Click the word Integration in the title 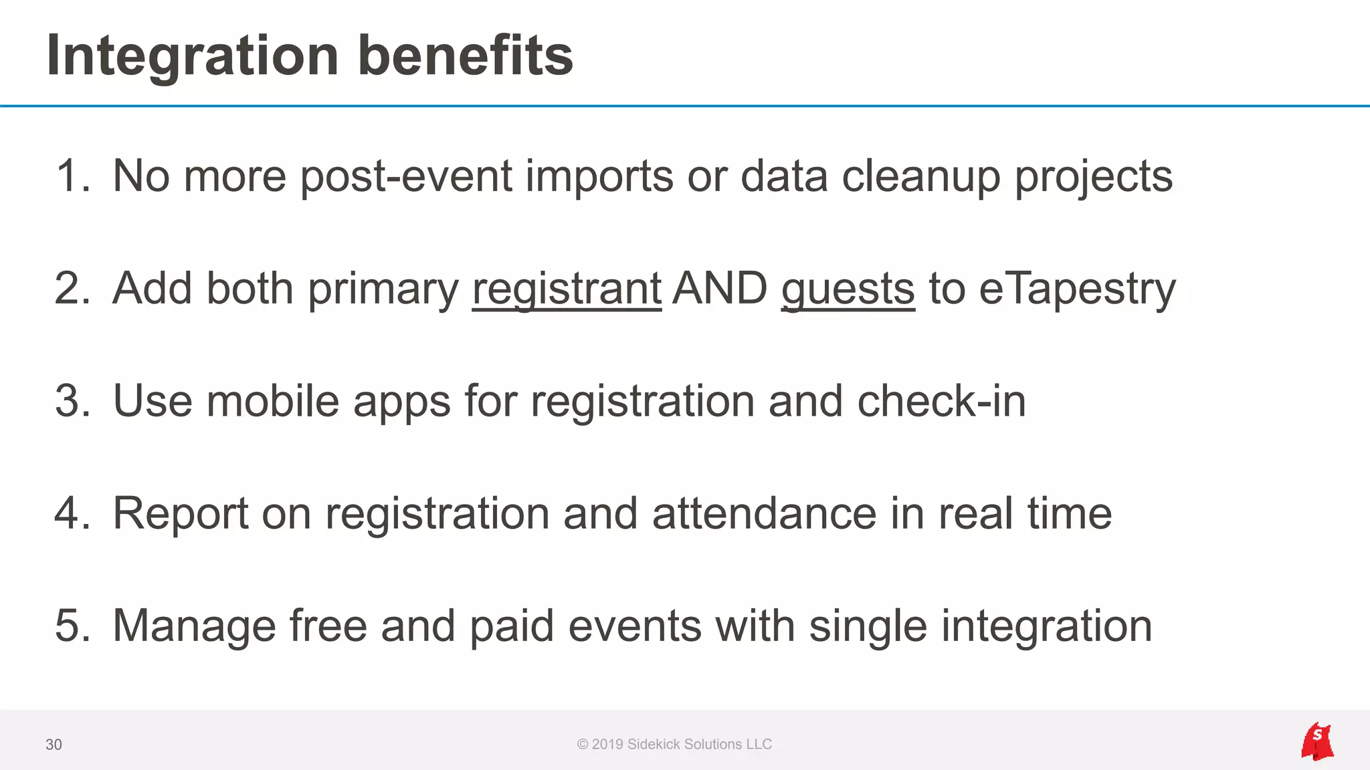pyautogui.click(x=193, y=56)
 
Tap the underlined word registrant pyautogui.click(x=567, y=289)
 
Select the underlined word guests pyautogui.click(x=848, y=289)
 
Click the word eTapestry pyautogui.click(x=1077, y=289)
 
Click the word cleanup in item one pyautogui.click(x=920, y=176)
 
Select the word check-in pyautogui.click(x=941, y=401)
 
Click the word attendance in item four pyautogui.click(x=764, y=513)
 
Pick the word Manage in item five pyautogui.click(x=194, y=626)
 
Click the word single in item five pyautogui.click(x=868, y=626)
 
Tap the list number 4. pyautogui.click(x=70, y=513)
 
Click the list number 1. pyautogui.click(x=70, y=176)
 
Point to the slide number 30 pyautogui.click(x=54, y=745)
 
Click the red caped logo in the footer pyautogui.click(x=1316, y=741)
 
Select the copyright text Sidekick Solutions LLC pyautogui.click(x=699, y=745)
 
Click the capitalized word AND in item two pyautogui.click(x=720, y=289)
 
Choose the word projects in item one pyautogui.click(x=1093, y=176)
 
